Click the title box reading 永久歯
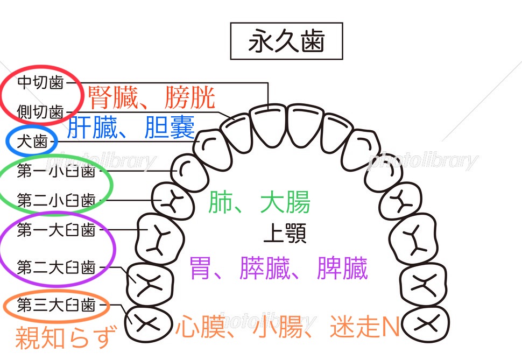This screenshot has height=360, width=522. tap(286, 41)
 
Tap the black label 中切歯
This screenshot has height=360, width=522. tap(40, 82)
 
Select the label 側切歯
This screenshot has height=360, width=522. tap(40, 112)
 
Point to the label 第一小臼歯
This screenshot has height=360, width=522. tap(56, 171)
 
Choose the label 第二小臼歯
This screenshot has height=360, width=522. tap(56, 201)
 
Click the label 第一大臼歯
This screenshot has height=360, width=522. tap(56, 230)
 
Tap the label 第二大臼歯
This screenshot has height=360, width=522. tap(56, 266)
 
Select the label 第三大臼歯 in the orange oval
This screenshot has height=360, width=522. tap(56, 306)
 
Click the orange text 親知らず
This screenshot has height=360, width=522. tap(66, 337)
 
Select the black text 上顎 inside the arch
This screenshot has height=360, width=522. tap(285, 234)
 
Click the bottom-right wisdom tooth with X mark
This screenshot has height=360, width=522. tap(427, 323)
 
